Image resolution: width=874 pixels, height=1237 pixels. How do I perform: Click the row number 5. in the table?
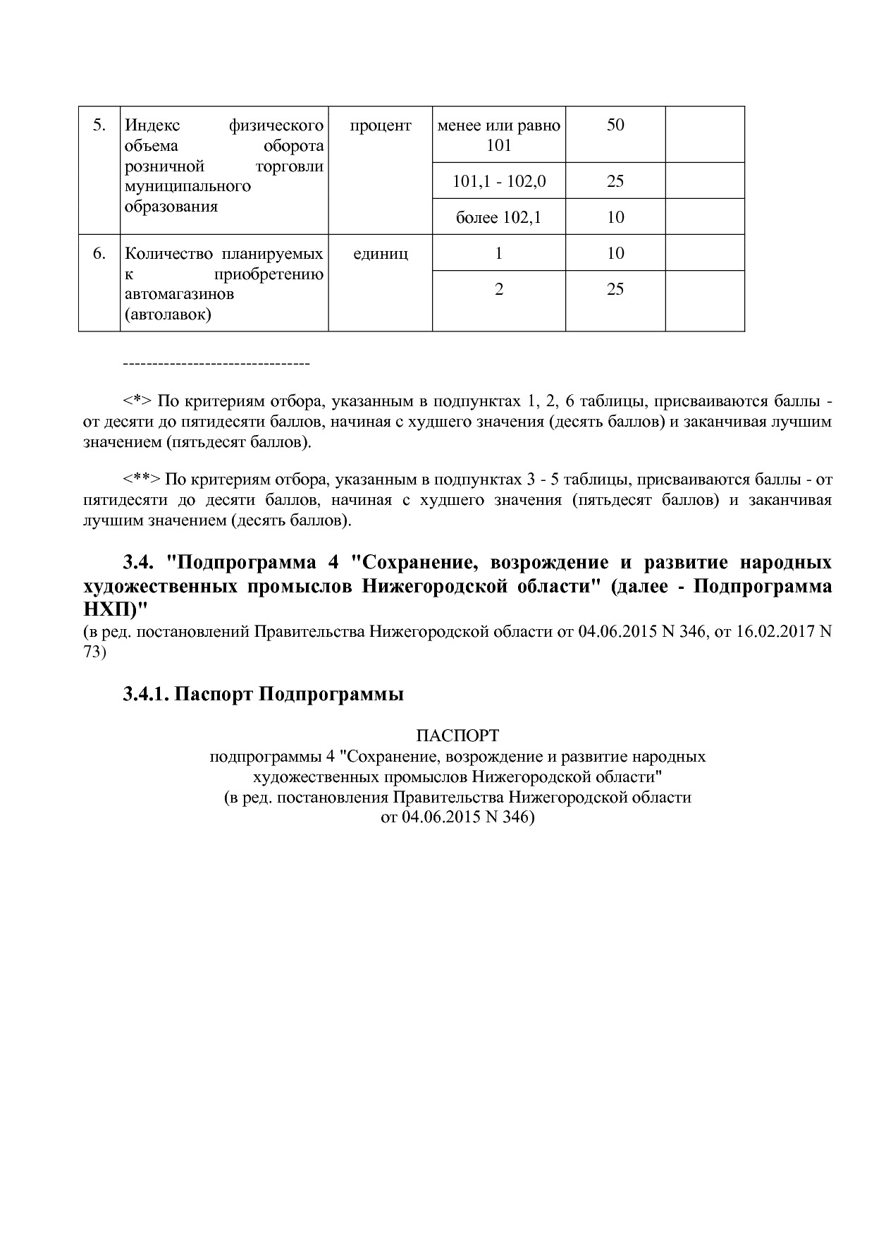click(x=99, y=126)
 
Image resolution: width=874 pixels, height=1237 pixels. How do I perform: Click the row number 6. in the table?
click(x=99, y=253)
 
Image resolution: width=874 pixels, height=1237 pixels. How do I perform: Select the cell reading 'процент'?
click(x=380, y=126)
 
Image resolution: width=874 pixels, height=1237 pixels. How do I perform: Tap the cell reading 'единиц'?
click(x=380, y=253)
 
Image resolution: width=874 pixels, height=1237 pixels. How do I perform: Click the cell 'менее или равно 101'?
click(x=498, y=135)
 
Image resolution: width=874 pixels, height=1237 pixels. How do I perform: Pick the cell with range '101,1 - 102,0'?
click(x=498, y=181)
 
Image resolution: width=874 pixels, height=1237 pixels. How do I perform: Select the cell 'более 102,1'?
click(x=498, y=217)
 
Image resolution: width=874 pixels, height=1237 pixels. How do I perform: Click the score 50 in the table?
click(x=615, y=126)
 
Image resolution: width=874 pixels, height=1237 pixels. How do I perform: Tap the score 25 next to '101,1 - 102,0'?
click(x=615, y=181)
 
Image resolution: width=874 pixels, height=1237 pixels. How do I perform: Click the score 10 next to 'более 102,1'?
click(x=615, y=217)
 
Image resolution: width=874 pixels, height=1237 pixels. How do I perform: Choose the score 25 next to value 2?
click(x=615, y=289)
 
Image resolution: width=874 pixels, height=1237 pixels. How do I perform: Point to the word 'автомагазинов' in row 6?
click(x=179, y=293)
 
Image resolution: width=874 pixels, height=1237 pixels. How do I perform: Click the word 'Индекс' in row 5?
click(x=152, y=126)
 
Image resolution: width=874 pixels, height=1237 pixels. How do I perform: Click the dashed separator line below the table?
click(x=216, y=363)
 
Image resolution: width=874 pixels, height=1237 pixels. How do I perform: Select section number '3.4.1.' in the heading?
click(x=146, y=694)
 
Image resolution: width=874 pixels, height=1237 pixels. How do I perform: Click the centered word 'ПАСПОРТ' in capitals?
click(x=457, y=736)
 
